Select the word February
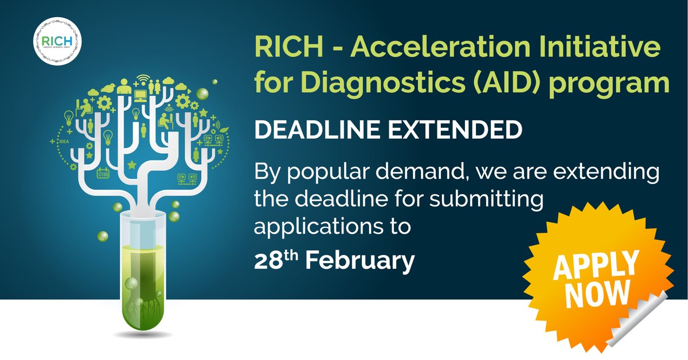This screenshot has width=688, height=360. [x=359, y=261]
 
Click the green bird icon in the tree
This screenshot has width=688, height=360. [x=110, y=88]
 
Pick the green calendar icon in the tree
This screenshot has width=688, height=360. [x=103, y=173]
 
